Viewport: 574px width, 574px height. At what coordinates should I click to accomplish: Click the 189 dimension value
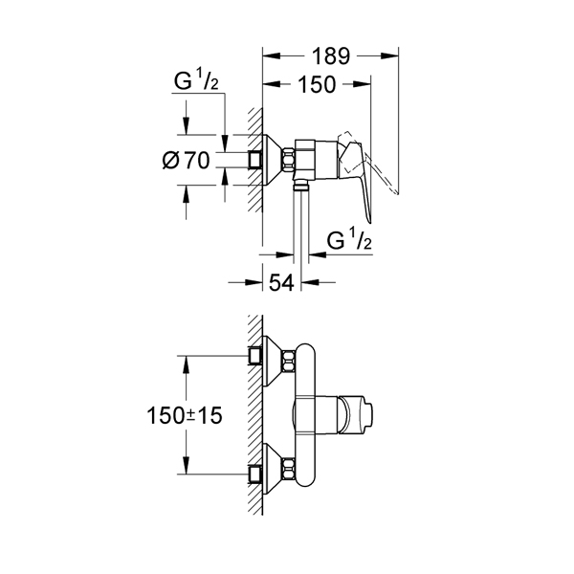331,56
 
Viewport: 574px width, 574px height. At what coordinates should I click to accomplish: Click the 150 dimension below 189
317,84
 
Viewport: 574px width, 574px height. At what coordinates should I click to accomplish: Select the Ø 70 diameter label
186,161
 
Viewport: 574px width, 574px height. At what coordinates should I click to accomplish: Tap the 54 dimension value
281,282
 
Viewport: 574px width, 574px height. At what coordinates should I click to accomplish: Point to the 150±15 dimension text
185,416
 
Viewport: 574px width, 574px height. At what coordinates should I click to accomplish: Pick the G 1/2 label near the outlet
349,239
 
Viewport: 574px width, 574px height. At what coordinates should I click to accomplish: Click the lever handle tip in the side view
369,221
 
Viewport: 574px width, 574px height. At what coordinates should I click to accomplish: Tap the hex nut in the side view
288,160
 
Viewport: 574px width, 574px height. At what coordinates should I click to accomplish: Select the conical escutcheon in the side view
272,160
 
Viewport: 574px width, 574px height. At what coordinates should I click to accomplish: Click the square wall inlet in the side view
255,160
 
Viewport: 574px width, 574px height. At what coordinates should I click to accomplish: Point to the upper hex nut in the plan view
288,362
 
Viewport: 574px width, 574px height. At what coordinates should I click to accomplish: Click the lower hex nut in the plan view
288,470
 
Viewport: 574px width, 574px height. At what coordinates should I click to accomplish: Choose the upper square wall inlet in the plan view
255,355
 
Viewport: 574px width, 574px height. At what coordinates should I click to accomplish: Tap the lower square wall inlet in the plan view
255,475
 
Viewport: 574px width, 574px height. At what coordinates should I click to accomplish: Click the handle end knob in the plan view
355,415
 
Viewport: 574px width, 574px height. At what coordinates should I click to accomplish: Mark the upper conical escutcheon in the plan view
273,362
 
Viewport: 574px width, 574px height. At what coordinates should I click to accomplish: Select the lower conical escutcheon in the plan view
273,470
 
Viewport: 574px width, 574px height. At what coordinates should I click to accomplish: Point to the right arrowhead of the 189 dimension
389,56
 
